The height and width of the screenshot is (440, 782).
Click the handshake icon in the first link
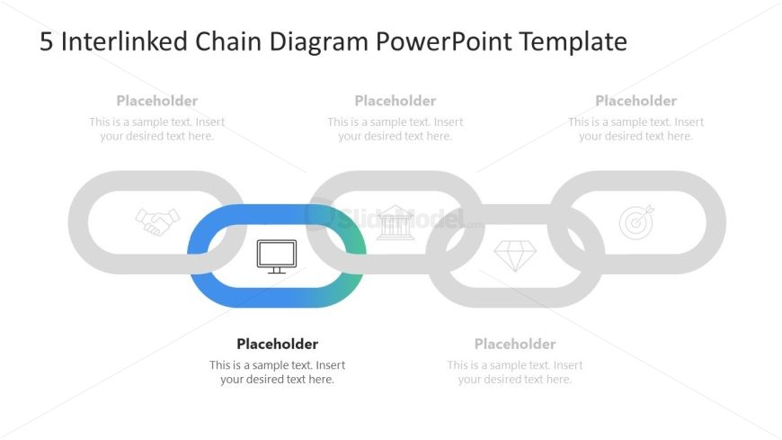(157, 221)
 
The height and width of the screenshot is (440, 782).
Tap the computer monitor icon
(276, 256)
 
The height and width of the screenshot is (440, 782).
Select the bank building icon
(395, 222)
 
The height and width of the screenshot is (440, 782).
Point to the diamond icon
(515, 256)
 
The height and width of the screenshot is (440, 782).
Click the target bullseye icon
(636, 221)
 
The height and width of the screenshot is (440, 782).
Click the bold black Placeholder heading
(277, 344)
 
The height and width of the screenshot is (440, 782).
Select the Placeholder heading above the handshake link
(157, 101)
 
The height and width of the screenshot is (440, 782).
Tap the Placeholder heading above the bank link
(395, 101)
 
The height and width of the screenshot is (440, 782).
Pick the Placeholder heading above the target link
(635, 101)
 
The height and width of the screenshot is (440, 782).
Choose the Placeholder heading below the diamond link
(515, 344)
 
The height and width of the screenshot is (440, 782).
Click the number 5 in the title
(46, 42)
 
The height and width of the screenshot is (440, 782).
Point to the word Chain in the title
(218, 42)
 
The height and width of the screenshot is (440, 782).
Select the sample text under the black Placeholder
(277, 373)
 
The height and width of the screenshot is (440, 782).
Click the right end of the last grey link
(715, 222)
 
